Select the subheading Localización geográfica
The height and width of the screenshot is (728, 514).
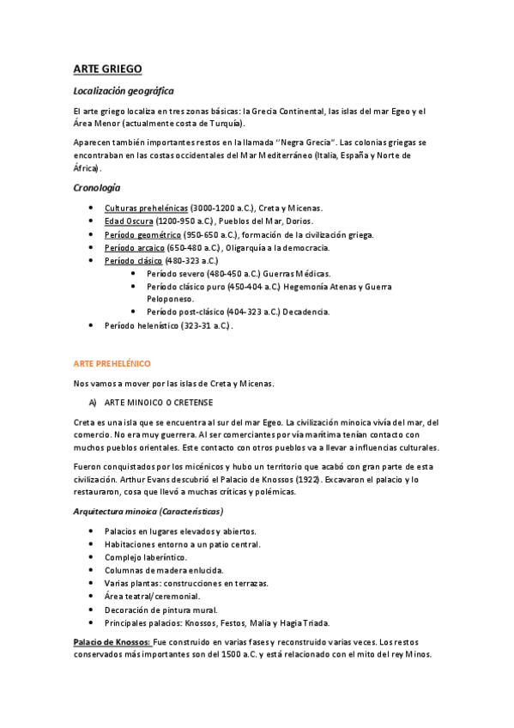click(124, 90)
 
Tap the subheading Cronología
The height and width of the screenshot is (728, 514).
click(97, 187)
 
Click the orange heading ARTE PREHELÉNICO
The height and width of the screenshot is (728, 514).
click(112, 363)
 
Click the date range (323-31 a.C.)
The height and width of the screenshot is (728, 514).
click(206, 325)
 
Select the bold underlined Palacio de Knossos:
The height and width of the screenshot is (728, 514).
click(113, 641)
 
